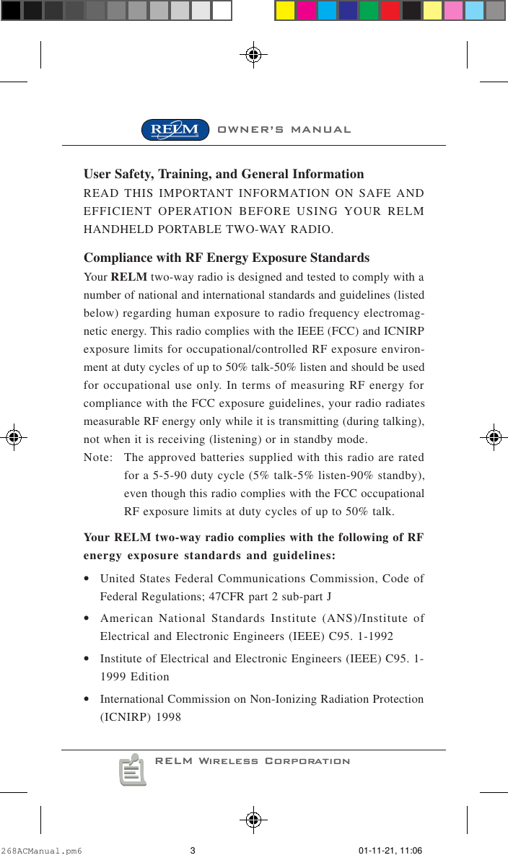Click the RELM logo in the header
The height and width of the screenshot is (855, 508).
(x=175, y=130)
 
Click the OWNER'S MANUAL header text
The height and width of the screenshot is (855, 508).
(x=284, y=130)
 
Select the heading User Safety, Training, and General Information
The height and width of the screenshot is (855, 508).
(x=224, y=174)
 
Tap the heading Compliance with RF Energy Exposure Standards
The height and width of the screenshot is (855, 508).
(x=227, y=258)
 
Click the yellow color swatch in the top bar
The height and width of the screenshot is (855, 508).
(x=286, y=10)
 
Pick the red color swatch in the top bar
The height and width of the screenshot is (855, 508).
(x=390, y=10)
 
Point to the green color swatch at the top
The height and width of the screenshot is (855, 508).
(x=369, y=10)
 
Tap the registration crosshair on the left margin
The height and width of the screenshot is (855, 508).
(x=15, y=437)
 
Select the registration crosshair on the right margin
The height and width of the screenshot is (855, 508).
(x=493, y=437)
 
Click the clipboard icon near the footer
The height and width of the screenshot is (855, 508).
(x=132, y=770)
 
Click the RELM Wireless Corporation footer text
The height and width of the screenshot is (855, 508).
(x=253, y=761)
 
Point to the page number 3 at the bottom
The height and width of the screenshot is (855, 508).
(x=193, y=850)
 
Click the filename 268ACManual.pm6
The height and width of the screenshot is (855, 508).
(x=42, y=850)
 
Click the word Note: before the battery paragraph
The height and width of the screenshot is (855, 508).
(x=97, y=459)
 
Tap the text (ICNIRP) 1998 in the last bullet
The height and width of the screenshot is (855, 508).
(x=140, y=716)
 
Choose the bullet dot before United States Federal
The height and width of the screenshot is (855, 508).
(x=87, y=579)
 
